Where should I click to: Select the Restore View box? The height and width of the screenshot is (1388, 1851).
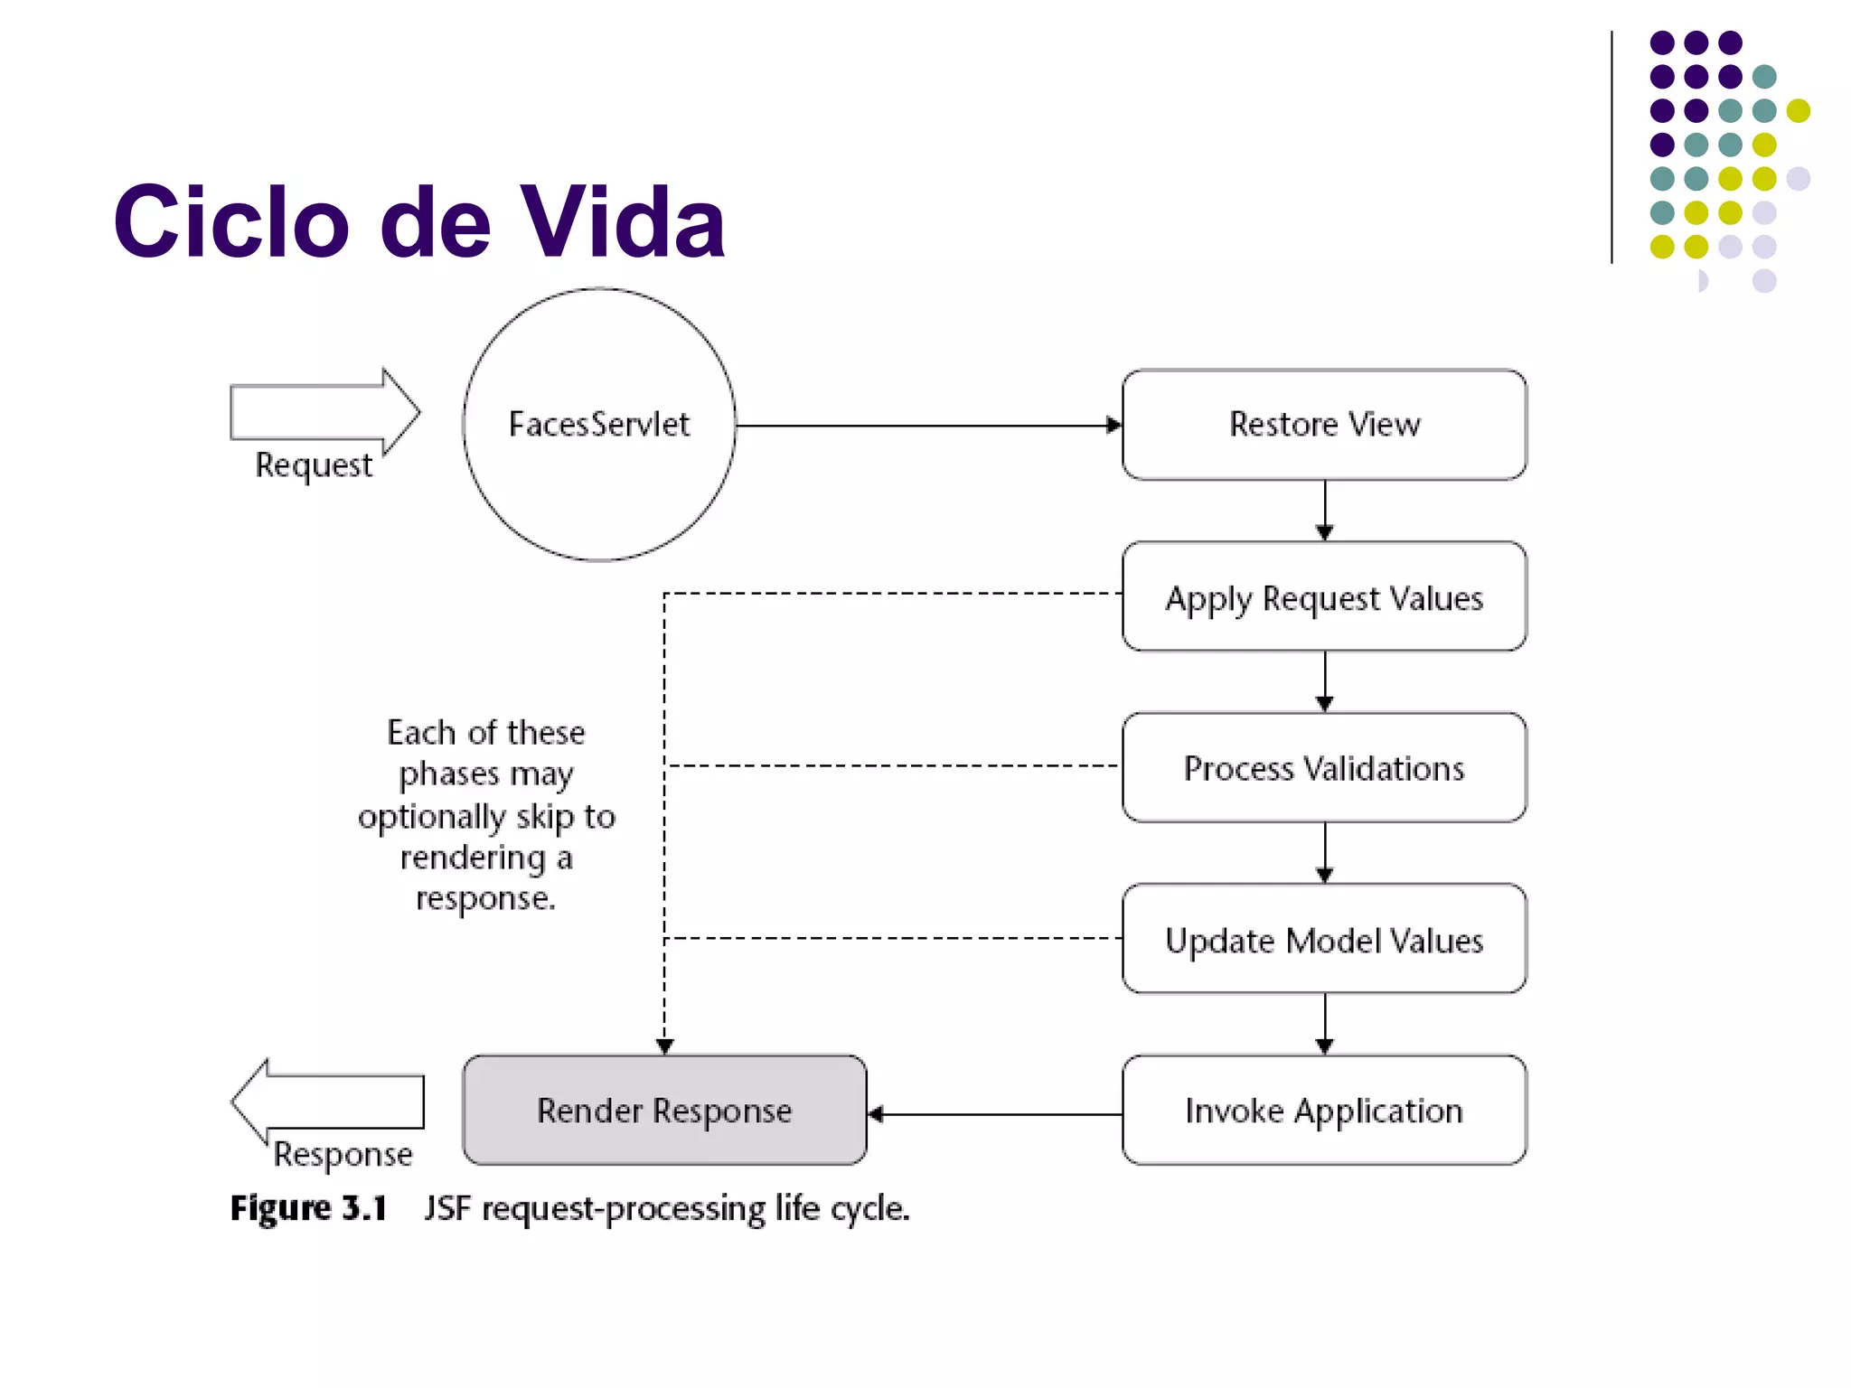tap(1324, 425)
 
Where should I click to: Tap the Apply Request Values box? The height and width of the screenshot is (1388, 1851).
tap(1324, 597)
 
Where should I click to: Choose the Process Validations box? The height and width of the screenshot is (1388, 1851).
tap(1324, 768)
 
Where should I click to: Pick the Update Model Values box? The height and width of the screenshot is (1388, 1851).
tap(1324, 940)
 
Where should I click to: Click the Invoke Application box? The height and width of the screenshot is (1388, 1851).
tap(1324, 1111)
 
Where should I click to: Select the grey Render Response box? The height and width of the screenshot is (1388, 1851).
tap(664, 1111)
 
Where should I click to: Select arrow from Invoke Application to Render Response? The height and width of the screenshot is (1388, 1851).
tap(994, 1114)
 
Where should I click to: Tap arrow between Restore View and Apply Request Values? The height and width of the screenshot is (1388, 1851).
tap(1325, 511)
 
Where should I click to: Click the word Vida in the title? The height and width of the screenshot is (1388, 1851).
tap(623, 221)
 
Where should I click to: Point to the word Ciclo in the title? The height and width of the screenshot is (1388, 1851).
tap(231, 221)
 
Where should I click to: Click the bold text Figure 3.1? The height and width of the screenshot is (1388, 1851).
tap(308, 1208)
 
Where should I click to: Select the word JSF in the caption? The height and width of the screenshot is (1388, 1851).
tap(446, 1208)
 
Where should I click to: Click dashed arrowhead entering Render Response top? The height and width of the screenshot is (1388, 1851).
tap(664, 1046)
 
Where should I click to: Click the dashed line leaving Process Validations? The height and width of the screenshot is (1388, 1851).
tap(895, 765)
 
